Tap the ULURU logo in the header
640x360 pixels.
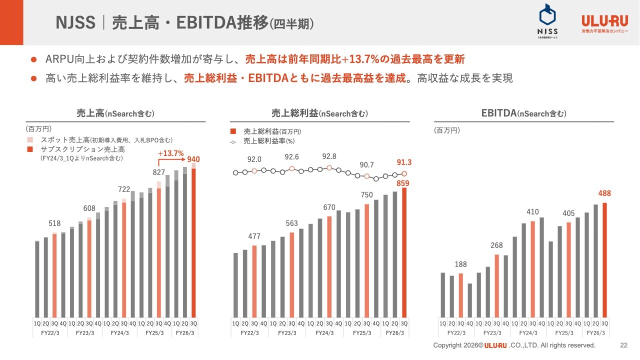[604, 23]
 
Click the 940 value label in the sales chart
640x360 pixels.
[193, 159]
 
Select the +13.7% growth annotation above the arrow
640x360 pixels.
[171, 153]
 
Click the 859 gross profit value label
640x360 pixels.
[403, 183]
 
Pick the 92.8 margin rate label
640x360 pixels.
[329, 156]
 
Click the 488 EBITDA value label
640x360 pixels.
[604, 193]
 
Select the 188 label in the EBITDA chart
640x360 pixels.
[460, 264]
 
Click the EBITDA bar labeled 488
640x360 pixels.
[604, 259]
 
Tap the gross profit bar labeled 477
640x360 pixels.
[254, 281]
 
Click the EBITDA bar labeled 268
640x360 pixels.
[496, 285]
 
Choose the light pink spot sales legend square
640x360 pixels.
[30, 140]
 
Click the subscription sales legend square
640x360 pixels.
[30, 149]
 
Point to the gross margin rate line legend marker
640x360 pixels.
[233, 141]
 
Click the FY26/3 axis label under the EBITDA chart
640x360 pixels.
[595, 332]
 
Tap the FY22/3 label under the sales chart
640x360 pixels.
[50, 332]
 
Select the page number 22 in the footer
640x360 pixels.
[623, 345]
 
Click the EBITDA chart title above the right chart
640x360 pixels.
[523, 113]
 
